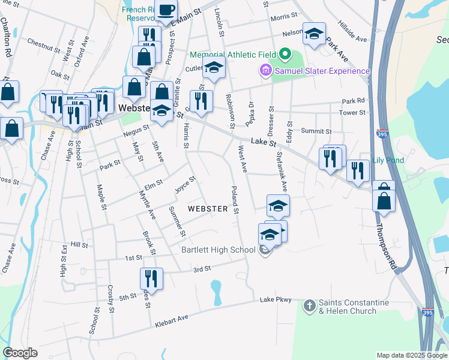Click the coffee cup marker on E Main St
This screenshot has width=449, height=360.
click(166, 10)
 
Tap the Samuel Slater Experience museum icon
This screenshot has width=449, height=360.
click(265, 71)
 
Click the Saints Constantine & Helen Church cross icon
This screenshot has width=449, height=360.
click(309, 306)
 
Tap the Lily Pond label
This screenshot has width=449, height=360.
click(388, 160)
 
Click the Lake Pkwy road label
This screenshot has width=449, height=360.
click(276, 299)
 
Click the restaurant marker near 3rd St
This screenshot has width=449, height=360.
click(151, 279)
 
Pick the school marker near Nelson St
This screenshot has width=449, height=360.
click(314, 34)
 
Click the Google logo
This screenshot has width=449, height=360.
click(20, 353)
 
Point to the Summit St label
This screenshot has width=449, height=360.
click(316, 131)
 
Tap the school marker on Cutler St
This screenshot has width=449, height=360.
click(213, 69)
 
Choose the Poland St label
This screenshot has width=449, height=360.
click(235, 200)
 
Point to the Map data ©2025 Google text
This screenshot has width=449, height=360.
click(412, 355)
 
